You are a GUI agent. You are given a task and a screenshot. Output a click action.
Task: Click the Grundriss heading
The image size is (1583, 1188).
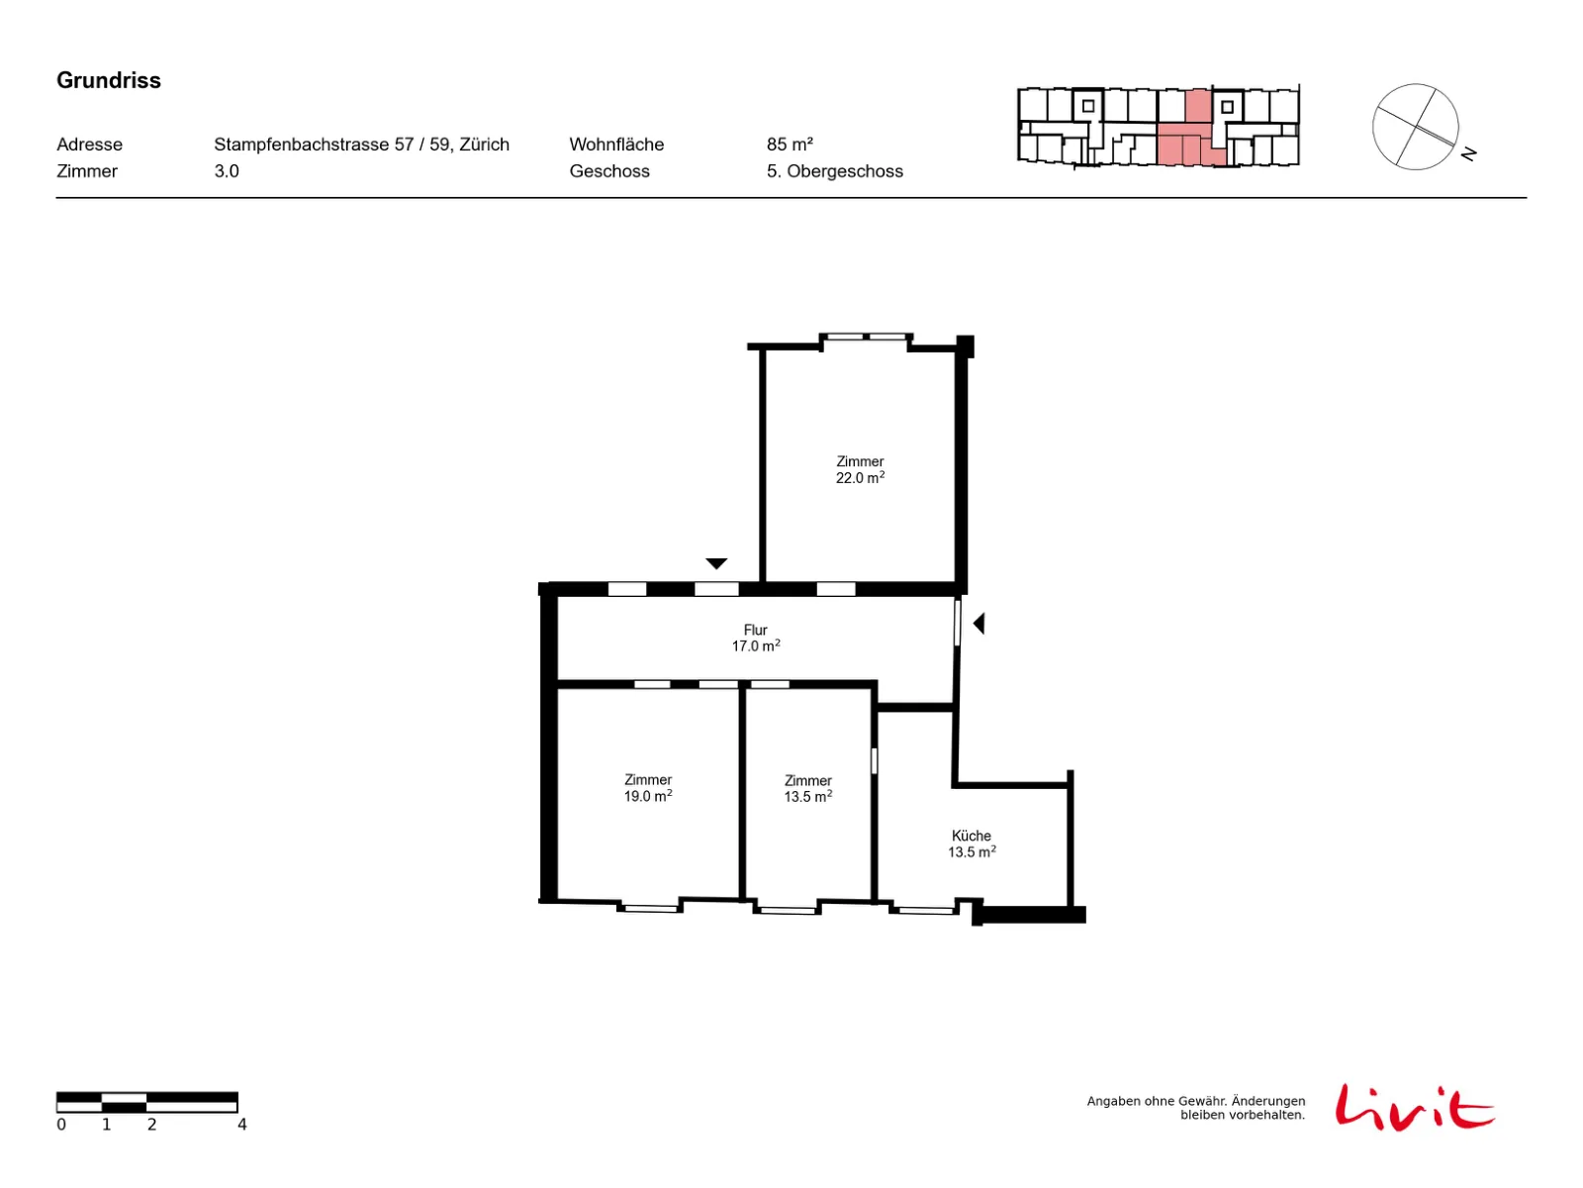pos(108,80)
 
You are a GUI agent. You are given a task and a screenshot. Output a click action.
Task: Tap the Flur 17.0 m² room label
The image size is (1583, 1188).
pos(755,638)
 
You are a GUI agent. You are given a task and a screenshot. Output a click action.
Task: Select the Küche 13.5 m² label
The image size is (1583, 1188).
pos(971,843)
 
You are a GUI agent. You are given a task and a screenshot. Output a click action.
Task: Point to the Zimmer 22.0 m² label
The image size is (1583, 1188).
pos(860,469)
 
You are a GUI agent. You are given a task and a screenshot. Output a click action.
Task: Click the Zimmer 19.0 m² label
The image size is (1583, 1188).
pos(648,788)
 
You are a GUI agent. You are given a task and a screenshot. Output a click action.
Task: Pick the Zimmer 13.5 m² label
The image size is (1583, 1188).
pos(807,788)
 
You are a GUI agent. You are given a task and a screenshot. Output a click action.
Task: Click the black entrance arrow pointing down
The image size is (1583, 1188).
pos(716,563)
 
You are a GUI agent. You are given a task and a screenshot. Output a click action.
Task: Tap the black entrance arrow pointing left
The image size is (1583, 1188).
pos(978,624)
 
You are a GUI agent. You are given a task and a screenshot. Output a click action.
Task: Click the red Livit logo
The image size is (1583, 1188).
pos(1414,1107)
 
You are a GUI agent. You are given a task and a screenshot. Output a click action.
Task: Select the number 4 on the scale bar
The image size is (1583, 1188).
pos(242,1124)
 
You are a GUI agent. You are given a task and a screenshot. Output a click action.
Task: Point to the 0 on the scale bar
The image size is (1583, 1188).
pos(61,1124)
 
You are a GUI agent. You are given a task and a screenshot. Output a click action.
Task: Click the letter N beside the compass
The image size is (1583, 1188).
pos(1468,153)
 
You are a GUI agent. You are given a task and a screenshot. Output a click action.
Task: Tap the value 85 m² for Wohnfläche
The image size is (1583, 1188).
pos(790,145)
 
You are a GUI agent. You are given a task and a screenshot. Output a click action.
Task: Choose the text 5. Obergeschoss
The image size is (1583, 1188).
pos(834,171)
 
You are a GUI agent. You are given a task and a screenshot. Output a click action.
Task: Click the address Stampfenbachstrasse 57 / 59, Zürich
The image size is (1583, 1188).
pos(361,145)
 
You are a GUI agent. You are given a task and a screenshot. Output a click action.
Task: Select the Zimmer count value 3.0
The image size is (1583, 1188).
pos(227,171)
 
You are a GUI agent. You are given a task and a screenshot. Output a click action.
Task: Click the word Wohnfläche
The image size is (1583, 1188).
pos(616,145)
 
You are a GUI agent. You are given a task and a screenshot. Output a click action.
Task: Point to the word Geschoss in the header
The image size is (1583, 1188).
pos(609,171)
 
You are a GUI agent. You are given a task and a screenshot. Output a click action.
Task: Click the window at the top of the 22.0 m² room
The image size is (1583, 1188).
pos(866,337)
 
